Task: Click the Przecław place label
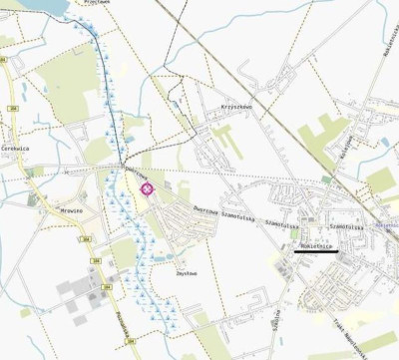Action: [x=96, y=2]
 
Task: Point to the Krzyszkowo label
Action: [x=233, y=106]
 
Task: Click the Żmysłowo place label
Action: [x=186, y=273]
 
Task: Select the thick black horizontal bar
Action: [x=316, y=252]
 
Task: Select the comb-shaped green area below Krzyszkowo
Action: [x=225, y=140]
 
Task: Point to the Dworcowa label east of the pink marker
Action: [x=205, y=210]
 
